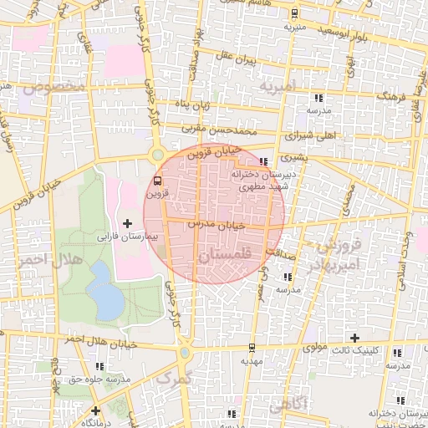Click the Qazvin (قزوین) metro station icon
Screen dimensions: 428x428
point(158,180)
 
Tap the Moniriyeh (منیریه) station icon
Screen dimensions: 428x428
point(294,13)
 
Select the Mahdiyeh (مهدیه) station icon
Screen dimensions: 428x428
point(252,348)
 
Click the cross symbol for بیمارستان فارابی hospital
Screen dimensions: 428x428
point(127,223)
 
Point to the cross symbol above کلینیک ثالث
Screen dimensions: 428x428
point(355,338)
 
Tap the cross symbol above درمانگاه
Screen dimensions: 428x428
point(96,410)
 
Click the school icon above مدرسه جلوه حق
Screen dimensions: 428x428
point(99,366)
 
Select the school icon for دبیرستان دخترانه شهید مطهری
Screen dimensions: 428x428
point(264,161)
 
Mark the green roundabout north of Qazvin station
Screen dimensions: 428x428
point(156,154)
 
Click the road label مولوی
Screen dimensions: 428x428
point(315,346)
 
